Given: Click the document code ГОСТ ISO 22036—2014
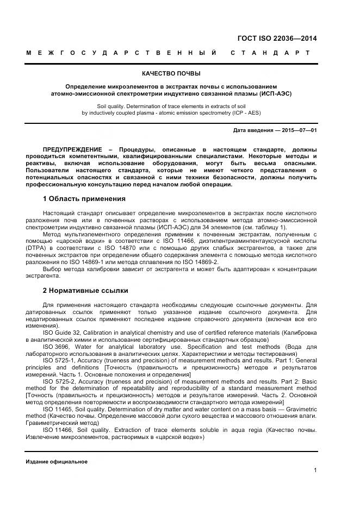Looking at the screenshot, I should pyautogui.click(x=277, y=39).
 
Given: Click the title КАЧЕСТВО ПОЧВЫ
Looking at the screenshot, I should pyautogui.click(x=171, y=73).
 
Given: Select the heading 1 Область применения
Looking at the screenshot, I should pyautogui.click(x=84, y=199).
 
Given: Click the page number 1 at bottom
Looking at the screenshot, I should pyautogui.click(x=315, y=471).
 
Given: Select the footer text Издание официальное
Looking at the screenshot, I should pyautogui.click(x=57, y=461).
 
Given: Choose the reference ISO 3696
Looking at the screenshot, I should pyautogui.click(x=56, y=347).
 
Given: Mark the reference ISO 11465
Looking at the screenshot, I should pyautogui.click(x=58, y=409).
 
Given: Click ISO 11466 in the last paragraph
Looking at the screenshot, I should pyautogui.click(x=58, y=430).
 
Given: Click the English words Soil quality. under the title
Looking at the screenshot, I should pyautogui.click(x=113, y=107).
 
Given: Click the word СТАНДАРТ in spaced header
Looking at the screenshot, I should pyautogui.click(x=270, y=53).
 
